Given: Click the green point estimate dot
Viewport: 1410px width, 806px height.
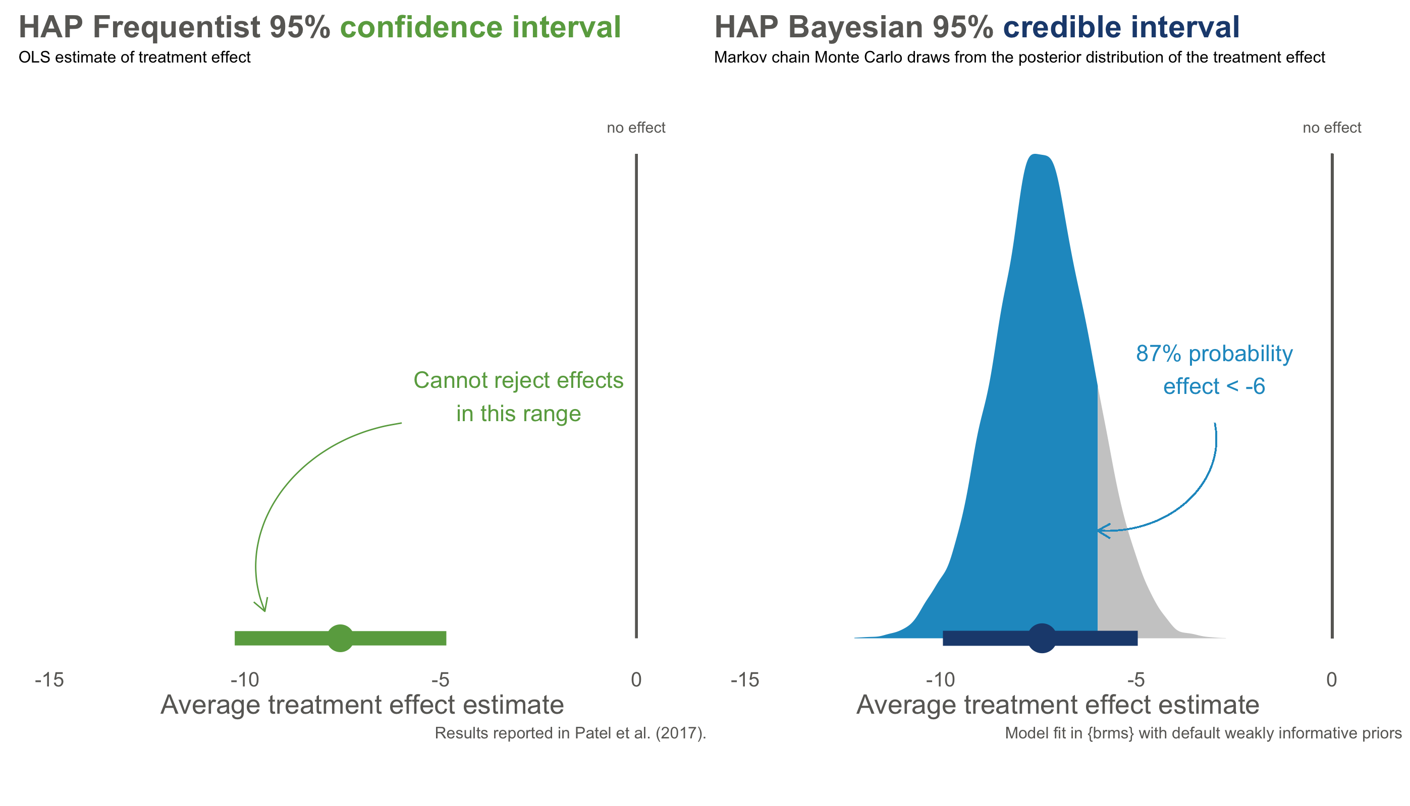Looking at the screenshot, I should click(x=340, y=638).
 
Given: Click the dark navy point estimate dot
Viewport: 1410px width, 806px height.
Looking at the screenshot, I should click(x=1042, y=638).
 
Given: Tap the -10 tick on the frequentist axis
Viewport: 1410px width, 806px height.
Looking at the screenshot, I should click(x=245, y=680).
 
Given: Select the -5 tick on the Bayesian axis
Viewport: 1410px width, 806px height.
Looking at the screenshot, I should click(x=1136, y=680).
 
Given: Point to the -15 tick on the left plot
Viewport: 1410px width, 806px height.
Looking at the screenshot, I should click(x=49, y=680).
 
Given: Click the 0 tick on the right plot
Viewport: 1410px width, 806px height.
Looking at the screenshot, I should click(x=1331, y=680).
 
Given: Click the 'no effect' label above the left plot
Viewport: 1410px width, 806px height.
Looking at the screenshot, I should click(x=636, y=128).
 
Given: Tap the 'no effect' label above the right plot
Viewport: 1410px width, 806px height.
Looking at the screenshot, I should click(x=1331, y=128).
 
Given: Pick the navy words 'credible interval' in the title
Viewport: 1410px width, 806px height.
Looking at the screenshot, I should click(x=1121, y=27).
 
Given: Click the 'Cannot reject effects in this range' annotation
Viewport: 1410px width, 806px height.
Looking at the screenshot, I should click(x=518, y=396).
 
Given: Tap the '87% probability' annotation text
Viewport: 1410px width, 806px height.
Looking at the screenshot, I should click(x=1214, y=354).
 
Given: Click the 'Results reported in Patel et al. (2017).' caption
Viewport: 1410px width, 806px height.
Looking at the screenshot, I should click(x=570, y=733).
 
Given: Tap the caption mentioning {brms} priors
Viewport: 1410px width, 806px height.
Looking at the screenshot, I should click(x=1203, y=733).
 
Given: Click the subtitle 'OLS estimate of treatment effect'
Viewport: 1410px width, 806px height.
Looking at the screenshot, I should click(x=135, y=57).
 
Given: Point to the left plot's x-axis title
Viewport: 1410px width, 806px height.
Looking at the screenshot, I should click(x=362, y=705).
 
